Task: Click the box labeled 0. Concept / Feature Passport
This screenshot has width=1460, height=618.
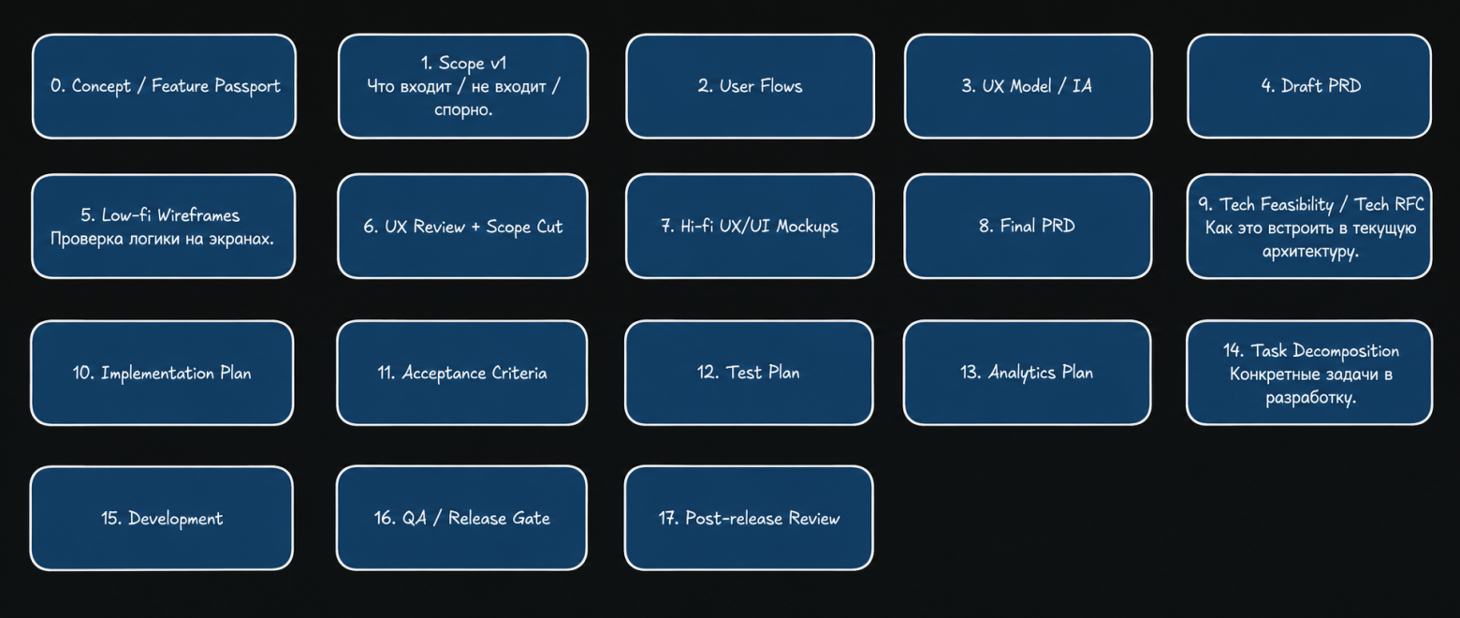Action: tap(164, 86)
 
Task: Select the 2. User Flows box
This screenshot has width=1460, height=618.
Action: tap(750, 86)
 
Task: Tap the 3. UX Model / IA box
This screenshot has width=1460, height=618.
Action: tap(1028, 86)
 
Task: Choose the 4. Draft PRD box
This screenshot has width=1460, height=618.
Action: tap(1309, 86)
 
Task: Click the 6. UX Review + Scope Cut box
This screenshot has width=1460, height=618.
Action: tap(462, 227)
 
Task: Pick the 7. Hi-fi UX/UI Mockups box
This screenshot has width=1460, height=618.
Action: tap(750, 227)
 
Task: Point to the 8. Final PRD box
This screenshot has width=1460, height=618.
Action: tap(1028, 227)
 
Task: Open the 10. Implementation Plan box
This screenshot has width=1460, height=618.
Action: tap(162, 373)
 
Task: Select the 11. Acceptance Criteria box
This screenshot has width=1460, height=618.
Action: tap(462, 373)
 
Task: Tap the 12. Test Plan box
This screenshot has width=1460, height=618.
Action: tap(749, 373)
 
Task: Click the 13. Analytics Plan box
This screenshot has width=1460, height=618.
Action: tap(1028, 373)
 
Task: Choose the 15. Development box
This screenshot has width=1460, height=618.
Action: tap(162, 518)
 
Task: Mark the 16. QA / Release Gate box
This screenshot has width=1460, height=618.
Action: tap(461, 518)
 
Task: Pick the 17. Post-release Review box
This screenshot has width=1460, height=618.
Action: tap(749, 518)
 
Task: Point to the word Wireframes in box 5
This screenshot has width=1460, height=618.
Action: tap(198, 215)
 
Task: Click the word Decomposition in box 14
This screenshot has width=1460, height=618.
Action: tap(1346, 351)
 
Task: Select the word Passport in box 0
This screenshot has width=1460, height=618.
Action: tap(248, 86)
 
